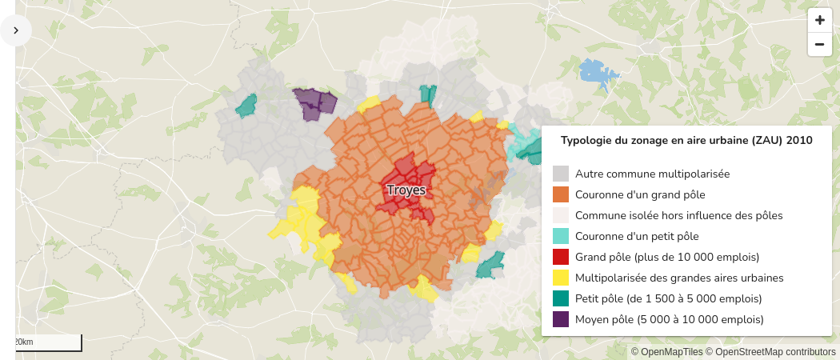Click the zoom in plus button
tap(819, 20)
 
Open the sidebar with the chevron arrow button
tap(16, 30)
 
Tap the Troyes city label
tap(406, 190)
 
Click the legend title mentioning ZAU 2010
tap(686, 141)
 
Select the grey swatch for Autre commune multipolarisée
tap(561, 174)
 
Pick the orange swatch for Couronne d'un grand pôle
tap(561, 194)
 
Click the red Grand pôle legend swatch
tap(561, 257)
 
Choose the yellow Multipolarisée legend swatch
tap(561, 278)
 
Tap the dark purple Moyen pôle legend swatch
tap(561, 319)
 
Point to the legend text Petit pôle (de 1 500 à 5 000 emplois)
tap(668, 298)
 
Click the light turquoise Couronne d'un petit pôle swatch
tap(561, 236)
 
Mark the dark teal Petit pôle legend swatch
tap(561, 298)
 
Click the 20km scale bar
tap(48, 342)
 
